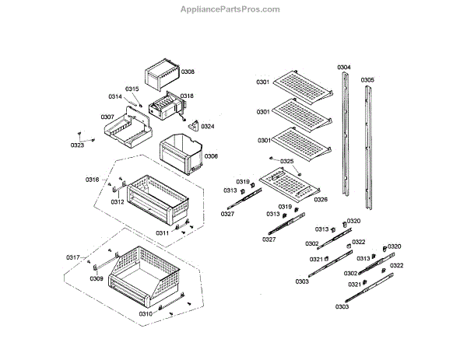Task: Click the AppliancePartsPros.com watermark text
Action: coord(233,10)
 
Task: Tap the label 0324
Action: coord(207,126)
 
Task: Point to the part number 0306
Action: coord(211,156)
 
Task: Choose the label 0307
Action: coord(107,117)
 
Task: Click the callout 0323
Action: coord(77,145)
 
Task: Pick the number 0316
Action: coord(93,180)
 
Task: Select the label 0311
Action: coord(162,232)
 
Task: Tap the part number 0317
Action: coord(72,257)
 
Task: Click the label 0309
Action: coord(97,278)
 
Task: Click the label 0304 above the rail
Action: coord(344,68)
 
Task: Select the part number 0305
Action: coord(367,80)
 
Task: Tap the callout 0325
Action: coord(287,162)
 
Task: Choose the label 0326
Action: coord(321,199)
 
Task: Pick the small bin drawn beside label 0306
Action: coord(180,152)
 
